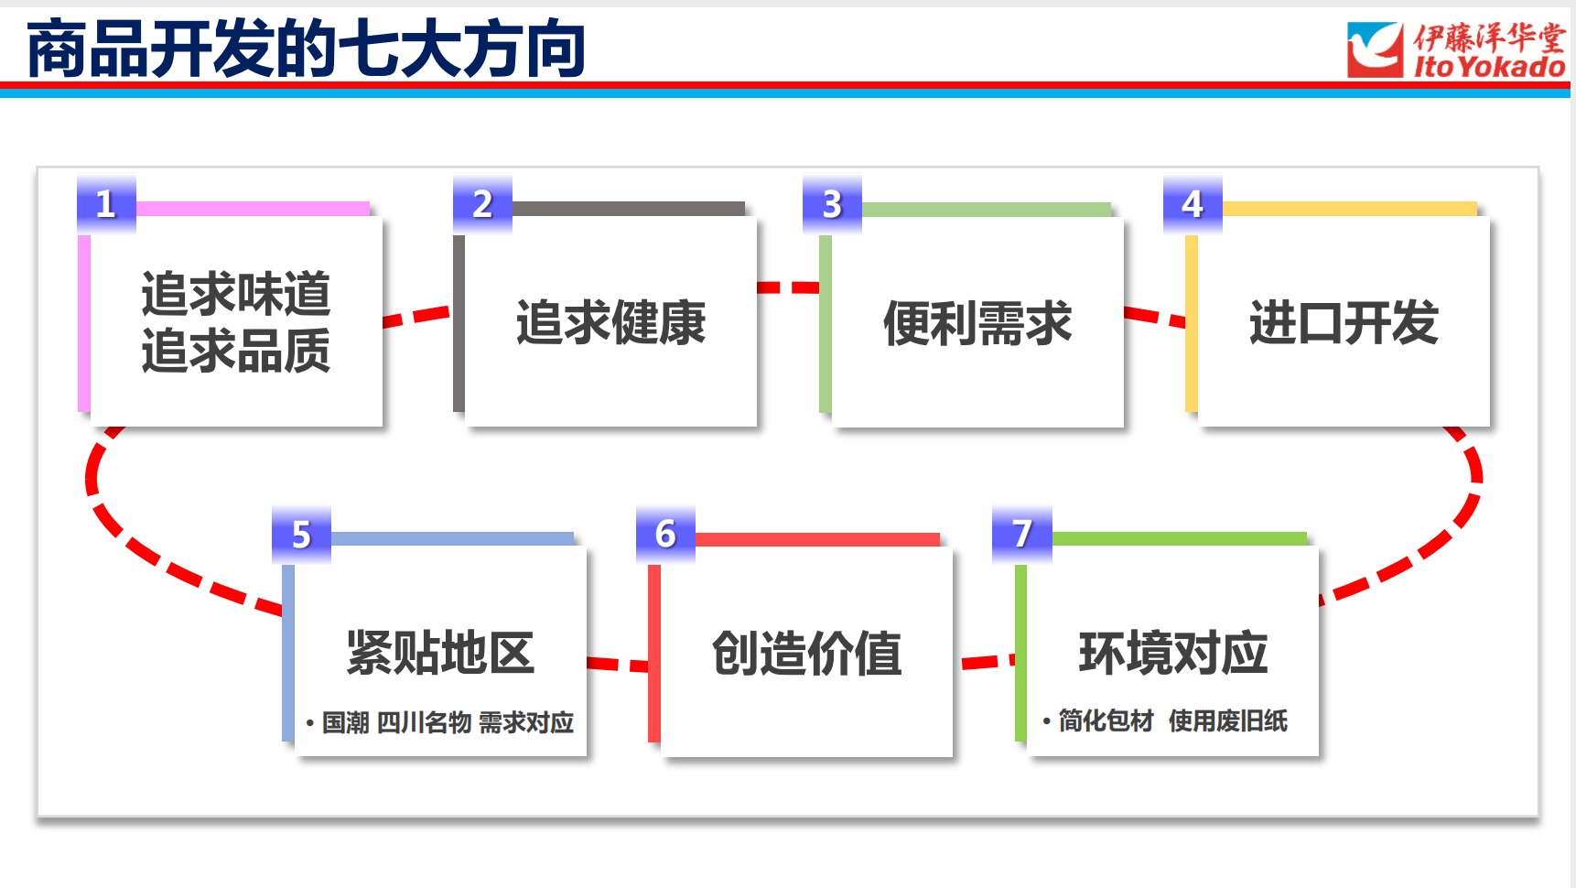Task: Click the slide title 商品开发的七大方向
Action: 306,49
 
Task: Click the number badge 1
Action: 106,203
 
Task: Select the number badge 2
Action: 482,203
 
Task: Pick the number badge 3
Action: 832,203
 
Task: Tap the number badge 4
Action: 1193,203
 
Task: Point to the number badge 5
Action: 301,534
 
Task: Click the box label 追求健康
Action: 610,322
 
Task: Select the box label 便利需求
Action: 977,323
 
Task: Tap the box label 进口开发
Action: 1344,322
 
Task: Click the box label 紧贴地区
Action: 439,653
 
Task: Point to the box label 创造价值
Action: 806,653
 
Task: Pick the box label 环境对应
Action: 1173,653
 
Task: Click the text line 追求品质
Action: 235,351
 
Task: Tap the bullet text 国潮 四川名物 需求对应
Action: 448,722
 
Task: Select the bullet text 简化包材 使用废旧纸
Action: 1172,720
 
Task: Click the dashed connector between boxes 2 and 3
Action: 788,287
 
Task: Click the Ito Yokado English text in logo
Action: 1489,67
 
